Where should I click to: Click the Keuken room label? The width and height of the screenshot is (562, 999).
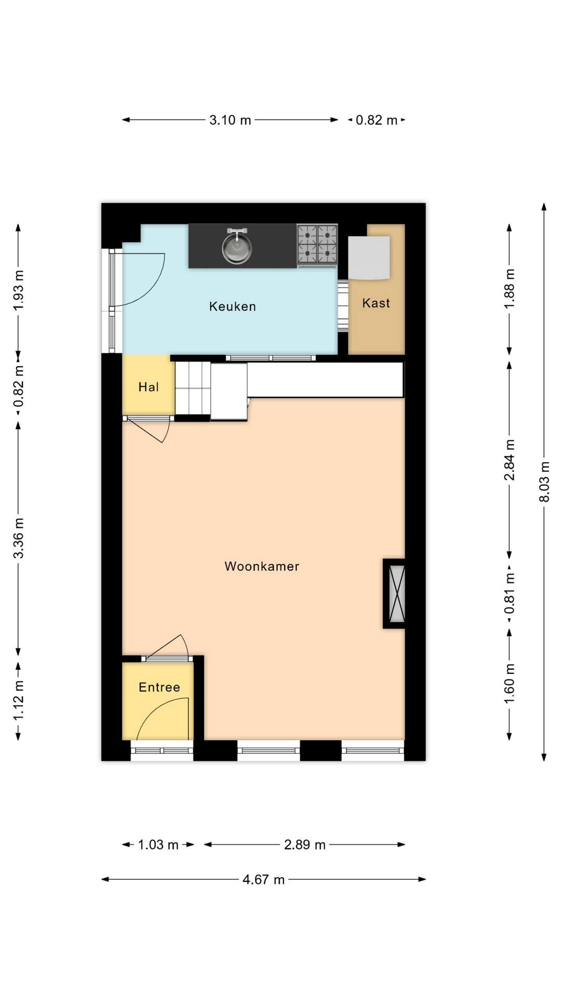pyautogui.click(x=233, y=306)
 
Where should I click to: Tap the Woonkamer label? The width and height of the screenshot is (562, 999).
pyautogui.click(x=262, y=566)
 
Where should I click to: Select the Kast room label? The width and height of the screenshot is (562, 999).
pyautogui.click(x=376, y=303)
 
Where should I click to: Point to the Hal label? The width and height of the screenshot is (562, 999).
pyautogui.click(x=148, y=387)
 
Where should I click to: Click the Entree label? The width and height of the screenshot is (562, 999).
pyautogui.click(x=159, y=687)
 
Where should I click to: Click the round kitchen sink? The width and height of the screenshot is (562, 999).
pyautogui.click(x=237, y=248)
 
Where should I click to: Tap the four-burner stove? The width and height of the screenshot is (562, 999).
pyautogui.click(x=317, y=245)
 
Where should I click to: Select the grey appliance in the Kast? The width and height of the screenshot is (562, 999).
pyautogui.click(x=369, y=258)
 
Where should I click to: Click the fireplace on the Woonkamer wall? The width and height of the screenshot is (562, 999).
pyautogui.click(x=394, y=594)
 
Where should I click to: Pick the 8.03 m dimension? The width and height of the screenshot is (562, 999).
pyautogui.click(x=544, y=482)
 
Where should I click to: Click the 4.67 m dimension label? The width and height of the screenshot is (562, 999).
pyautogui.click(x=264, y=879)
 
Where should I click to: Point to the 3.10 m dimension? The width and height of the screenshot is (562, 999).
pyautogui.click(x=230, y=120)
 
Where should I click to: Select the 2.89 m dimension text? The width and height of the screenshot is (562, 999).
pyautogui.click(x=305, y=844)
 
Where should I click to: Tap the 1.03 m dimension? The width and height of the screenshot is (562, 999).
pyautogui.click(x=158, y=844)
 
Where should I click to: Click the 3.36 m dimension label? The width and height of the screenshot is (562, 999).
pyautogui.click(x=18, y=538)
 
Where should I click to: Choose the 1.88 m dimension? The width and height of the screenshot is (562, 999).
pyautogui.click(x=509, y=289)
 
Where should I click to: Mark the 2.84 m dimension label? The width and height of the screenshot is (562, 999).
pyautogui.click(x=509, y=460)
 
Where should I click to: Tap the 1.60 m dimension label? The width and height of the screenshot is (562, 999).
pyautogui.click(x=509, y=683)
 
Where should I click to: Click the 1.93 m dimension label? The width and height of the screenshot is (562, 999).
pyautogui.click(x=18, y=290)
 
